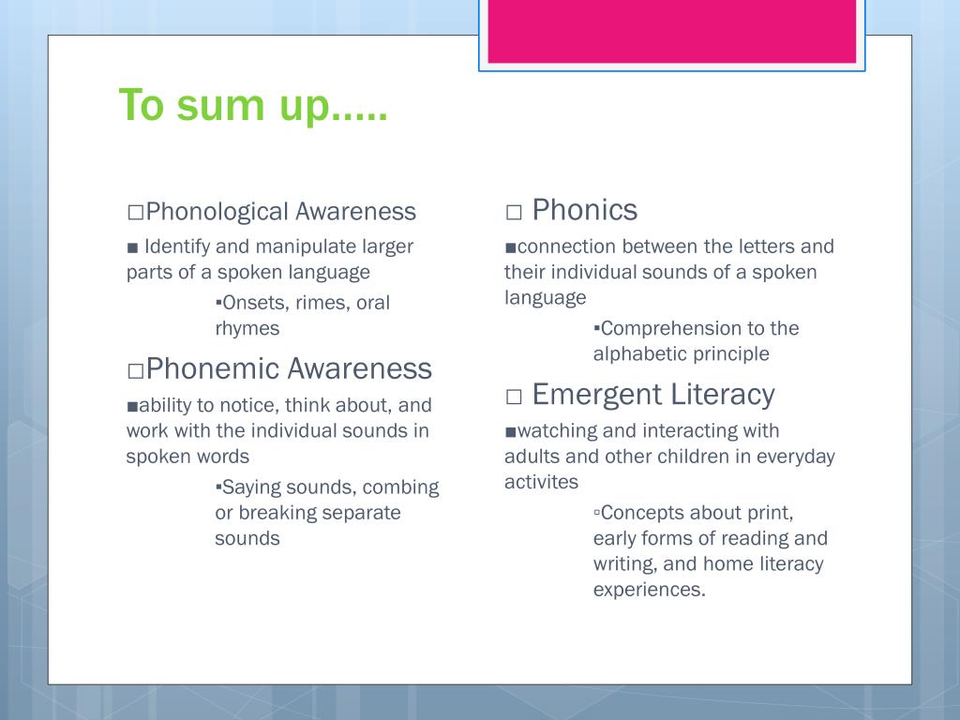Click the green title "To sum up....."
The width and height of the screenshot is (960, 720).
coord(253,105)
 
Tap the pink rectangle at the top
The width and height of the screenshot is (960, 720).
coord(671,30)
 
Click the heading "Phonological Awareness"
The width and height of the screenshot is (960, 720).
coord(280,212)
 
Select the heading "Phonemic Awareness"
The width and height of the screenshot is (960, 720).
coord(289,368)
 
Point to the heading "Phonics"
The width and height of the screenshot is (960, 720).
coord(584,210)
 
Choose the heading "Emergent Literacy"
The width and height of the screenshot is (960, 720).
coord(652,395)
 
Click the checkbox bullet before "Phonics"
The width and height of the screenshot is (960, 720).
coord(514,213)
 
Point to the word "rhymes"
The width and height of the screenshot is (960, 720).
coord(247,328)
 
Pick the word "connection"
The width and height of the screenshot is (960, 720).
coord(566,247)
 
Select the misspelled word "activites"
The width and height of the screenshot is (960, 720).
coord(541,482)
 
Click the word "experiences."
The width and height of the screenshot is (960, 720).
coord(649,590)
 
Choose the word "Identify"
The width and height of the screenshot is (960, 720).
coord(177,247)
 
